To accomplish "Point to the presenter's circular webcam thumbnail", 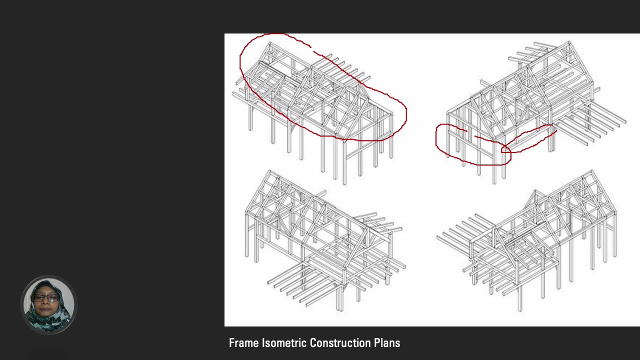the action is coord(49,304).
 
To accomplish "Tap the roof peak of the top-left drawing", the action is coord(269,43).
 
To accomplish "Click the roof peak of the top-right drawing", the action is coord(569,42).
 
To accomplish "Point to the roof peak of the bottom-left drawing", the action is coord(269,171).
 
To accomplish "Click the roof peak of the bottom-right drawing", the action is coord(591,171).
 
